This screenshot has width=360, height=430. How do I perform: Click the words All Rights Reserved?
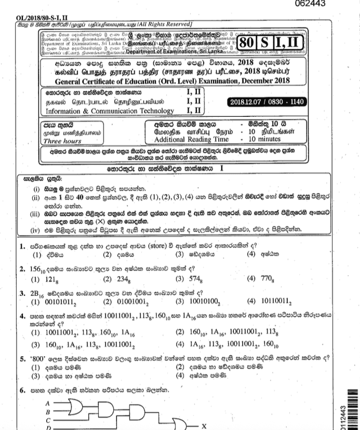click(x=162, y=24)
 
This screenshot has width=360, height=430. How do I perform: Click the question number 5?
click(x=22, y=358)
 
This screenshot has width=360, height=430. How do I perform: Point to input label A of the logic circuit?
click(x=49, y=402)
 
